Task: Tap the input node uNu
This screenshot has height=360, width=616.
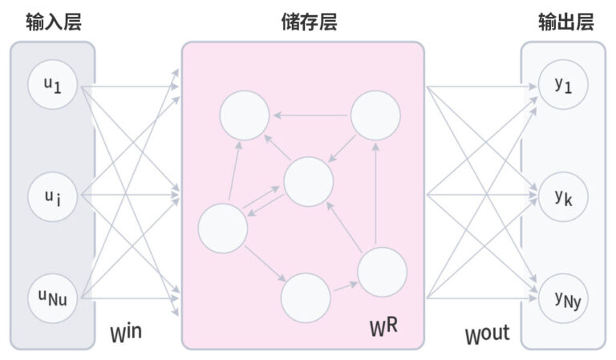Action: [52, 300]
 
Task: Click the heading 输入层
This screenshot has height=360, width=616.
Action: [52, 22]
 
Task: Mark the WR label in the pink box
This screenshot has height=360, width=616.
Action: [383, 326]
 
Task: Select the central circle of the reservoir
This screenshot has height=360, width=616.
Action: [308, 181]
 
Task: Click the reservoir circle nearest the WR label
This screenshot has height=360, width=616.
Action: [382, 273]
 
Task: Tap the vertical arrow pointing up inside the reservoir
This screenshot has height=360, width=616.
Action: [375, 192]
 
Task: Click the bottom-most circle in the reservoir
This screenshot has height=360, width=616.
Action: [306, 297]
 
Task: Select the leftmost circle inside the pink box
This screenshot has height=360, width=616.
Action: [222, 229]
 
